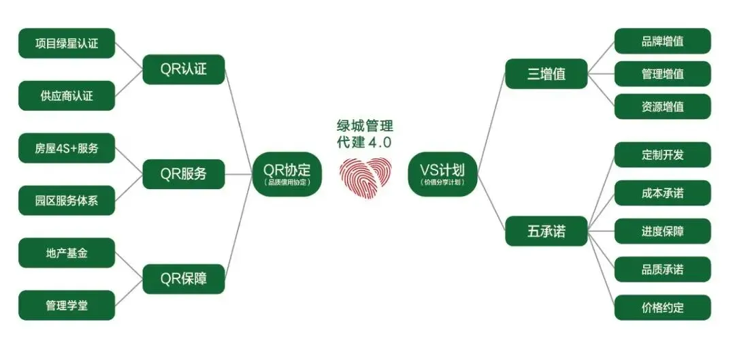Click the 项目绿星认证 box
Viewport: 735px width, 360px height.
tap(67, 43)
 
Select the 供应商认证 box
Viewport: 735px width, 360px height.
tap(67, 96)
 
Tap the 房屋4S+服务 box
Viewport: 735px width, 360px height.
tap(67, 148)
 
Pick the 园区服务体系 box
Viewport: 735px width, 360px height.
tap(67, 201)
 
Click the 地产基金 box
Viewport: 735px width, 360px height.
tap(67, 253)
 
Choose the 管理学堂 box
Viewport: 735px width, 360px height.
tap(67, 306)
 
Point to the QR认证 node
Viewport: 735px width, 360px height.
tap(184, 69)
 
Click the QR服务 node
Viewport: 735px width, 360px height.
tap(184, 174)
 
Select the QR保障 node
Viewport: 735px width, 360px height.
tap(184, 279)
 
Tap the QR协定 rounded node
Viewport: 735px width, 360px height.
tap(287, 174)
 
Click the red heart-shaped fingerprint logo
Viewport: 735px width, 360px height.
tap(365, 177)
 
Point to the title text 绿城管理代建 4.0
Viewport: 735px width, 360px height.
tap(365, 133)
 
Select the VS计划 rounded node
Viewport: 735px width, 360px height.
tap(442, 174)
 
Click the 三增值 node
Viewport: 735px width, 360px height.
tap(546, 73)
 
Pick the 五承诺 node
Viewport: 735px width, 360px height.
tap(546, 231)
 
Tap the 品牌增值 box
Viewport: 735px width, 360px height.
tap(663, 42)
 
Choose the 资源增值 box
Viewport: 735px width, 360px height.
tap(663, 106)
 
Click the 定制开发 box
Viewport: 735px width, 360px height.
tap(663, 154)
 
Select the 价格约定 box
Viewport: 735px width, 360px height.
tap(663, 308)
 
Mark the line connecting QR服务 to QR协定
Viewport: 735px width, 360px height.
tap(239, 174)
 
